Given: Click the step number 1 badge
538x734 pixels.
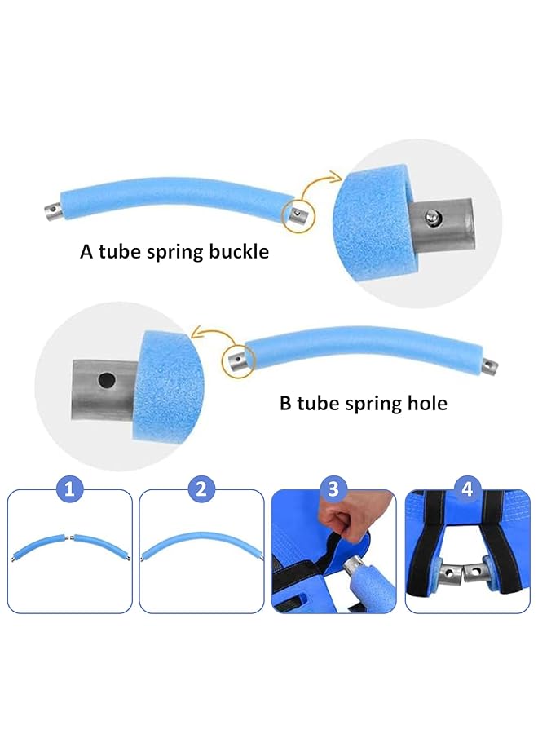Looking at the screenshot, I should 70,489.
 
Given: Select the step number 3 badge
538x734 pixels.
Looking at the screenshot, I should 333,489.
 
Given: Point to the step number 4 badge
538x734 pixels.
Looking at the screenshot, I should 466,489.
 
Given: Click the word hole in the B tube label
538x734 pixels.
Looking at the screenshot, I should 426,403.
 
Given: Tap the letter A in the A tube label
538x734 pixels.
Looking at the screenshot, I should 86,252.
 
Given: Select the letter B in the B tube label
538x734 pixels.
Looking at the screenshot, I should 285,403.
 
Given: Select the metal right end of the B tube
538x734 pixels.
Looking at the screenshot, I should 490,364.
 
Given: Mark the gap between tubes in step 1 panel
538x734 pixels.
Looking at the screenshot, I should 70,537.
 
